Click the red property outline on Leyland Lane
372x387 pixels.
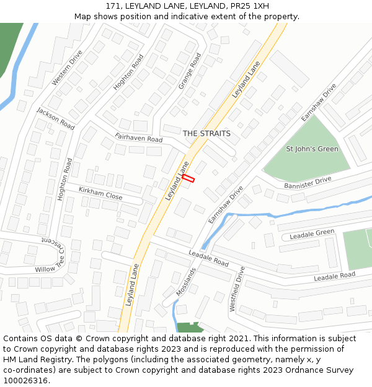pos(188,178)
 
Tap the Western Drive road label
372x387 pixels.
pos(67,68)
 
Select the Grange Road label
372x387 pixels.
pos(190,71)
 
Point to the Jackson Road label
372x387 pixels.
pos(56,118)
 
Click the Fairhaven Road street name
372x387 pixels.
pos(138,137)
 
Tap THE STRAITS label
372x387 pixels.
pos(206,134)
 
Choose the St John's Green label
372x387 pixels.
pos(312,149)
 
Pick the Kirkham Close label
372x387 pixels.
pos(100,194)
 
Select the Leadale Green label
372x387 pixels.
pos(312,234)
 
